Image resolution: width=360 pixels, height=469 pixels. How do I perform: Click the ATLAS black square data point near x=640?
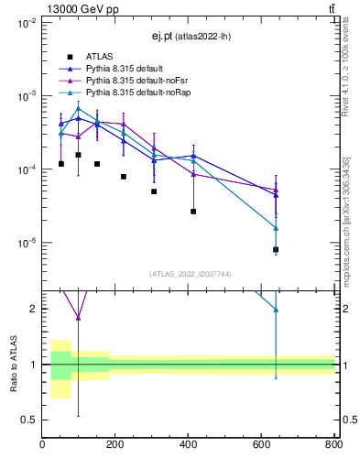tap(276, 249)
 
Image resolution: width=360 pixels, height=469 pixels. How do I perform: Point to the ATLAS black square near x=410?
tap(193, 212)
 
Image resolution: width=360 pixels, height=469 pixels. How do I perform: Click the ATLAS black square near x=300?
tap(154, 191)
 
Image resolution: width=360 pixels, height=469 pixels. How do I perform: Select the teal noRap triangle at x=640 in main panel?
tap(276, 228)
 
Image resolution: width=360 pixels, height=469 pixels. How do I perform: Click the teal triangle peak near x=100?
tap(79, 108)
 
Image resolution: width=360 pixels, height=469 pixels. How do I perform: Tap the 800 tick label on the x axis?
tap(333, 445)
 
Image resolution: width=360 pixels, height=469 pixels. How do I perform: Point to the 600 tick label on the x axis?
tap(261, 445)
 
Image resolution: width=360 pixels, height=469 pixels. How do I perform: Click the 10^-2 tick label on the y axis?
tap(26, 22)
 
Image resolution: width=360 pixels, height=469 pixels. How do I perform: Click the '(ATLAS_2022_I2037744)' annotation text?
tap(190, 274)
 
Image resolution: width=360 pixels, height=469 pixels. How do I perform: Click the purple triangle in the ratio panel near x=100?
tap(79, 318)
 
